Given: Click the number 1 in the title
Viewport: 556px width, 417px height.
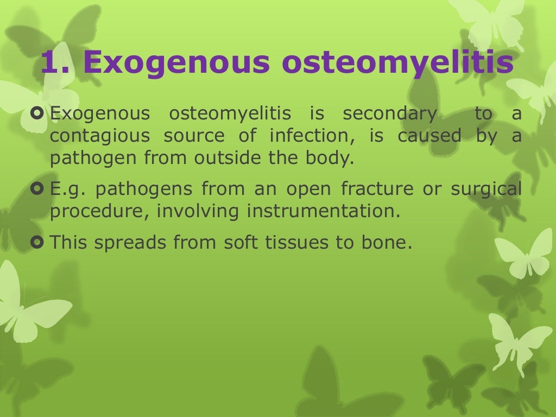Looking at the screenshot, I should (x=51, y=63).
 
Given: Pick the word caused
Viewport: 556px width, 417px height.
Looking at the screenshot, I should (x=429, y=136).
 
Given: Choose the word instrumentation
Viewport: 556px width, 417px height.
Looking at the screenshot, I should (x=320, y=211).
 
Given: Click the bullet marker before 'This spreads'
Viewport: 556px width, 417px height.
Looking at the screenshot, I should (x=37, y=242).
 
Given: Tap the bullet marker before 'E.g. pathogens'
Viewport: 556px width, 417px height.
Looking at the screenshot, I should (x=37, y=189).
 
